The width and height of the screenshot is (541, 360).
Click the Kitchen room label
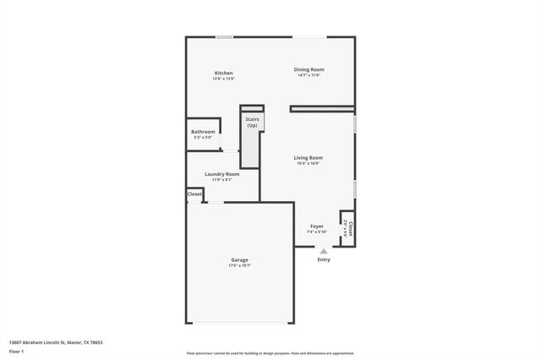223,74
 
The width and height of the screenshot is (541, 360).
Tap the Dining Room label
309,69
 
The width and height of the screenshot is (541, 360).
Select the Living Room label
309,158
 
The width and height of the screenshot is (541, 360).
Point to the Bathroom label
203,132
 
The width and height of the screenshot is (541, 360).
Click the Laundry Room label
222,174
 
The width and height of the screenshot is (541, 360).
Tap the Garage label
239,259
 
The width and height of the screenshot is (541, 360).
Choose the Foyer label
317,226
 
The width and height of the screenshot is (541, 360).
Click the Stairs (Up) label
252,123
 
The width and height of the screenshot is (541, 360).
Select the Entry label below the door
324,259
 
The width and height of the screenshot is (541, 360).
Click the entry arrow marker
324,250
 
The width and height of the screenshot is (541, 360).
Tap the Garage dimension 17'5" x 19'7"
239,265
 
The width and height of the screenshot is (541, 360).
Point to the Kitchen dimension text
223,79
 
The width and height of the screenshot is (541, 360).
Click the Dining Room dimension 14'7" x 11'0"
309,75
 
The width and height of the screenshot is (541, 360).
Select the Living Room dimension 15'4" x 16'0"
309,164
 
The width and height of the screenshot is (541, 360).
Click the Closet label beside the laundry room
194,194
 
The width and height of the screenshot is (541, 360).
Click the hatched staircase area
251,148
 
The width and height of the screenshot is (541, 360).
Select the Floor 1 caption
17,351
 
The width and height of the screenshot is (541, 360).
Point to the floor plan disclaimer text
270,353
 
